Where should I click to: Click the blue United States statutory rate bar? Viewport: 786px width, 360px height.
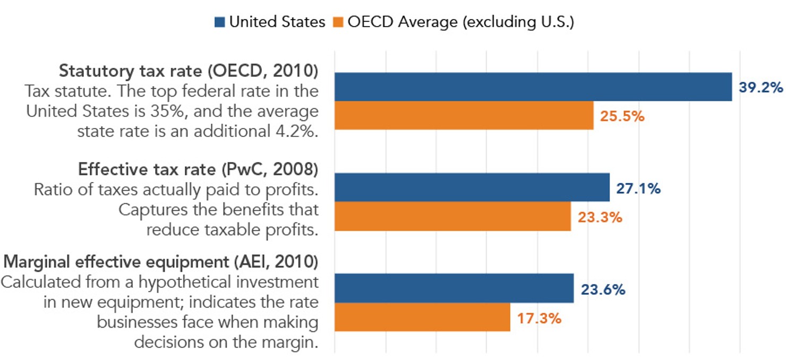(x=533, y=87)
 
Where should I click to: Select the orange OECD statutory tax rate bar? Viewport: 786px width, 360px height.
(x=464, y=116)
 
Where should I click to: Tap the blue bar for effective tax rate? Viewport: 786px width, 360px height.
(x=472, y=187)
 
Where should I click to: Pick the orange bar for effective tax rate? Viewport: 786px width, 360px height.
(x=452, y=217)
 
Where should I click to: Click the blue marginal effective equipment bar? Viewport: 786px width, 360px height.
(x=454, y=288)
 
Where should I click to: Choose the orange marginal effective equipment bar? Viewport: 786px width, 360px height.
(x=422, y=318)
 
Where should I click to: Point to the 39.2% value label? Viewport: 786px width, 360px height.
(x=761, y=88)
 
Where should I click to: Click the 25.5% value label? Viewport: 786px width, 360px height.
(x=622, y=116)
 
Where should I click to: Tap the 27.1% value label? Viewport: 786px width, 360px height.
(x=638, y=188)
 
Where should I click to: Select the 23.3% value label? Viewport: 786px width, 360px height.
(x=600, y=217)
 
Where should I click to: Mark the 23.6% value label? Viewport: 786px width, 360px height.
(x=602, y=290)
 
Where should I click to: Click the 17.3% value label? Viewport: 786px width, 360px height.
(x=539, y=319)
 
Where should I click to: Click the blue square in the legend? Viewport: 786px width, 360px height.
(x=220, y=22)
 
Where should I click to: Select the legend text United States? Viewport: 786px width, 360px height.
(x=277, y=22)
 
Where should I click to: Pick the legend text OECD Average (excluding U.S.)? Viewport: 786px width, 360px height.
(x=460, y=22)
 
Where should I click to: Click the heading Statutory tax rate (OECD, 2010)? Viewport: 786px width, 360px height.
(x=189, y=71)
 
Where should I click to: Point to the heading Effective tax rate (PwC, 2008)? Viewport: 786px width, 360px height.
(x=198, y=169)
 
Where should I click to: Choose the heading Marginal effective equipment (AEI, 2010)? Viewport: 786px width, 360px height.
(x=161, y=262)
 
